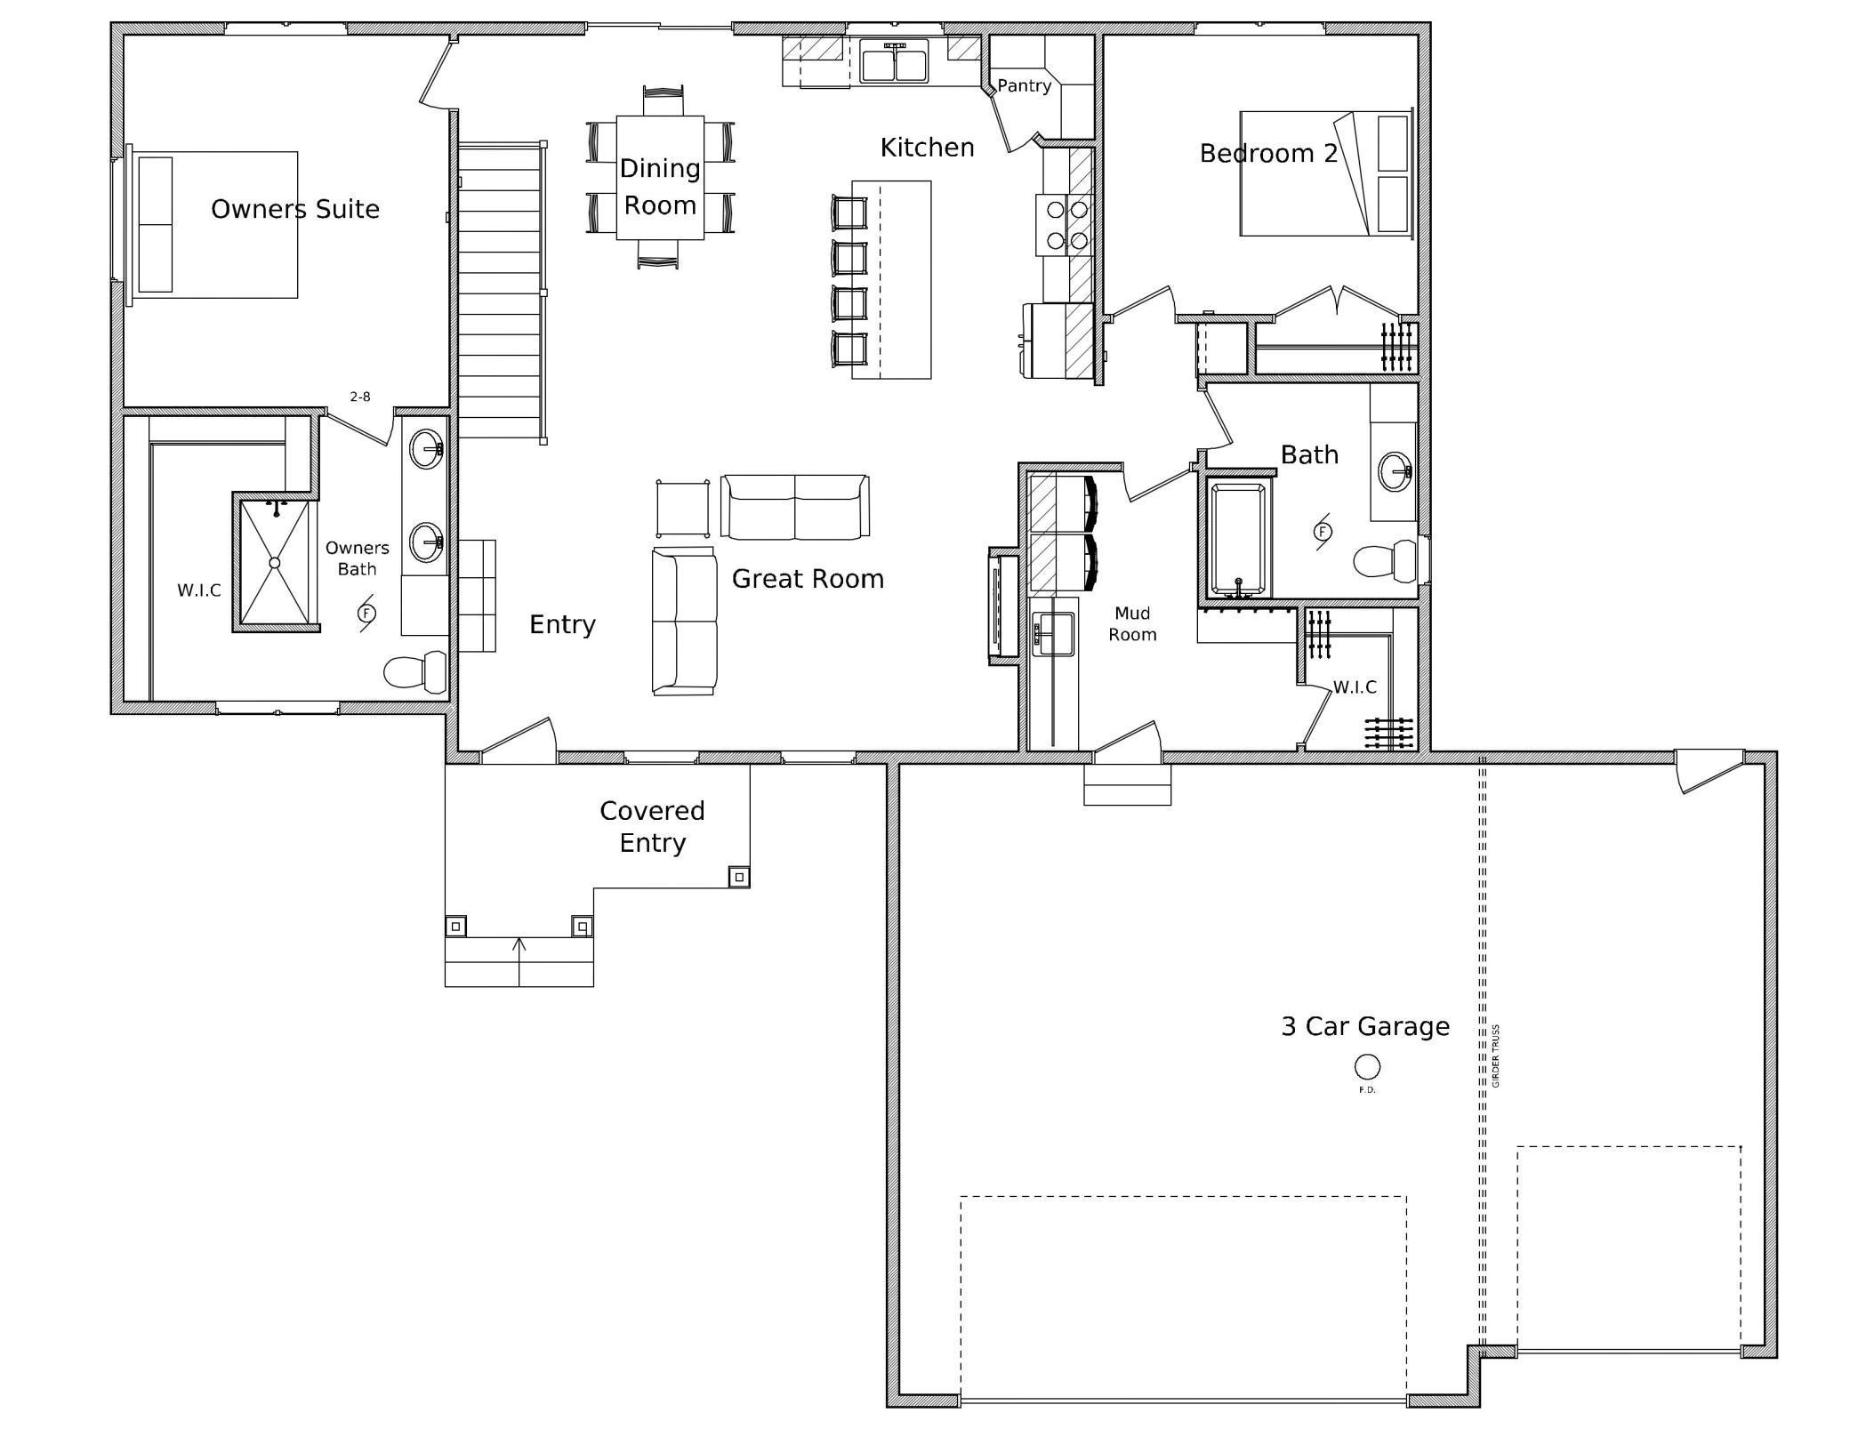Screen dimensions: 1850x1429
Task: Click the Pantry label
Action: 1024,85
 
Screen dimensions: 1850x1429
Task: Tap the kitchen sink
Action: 894,60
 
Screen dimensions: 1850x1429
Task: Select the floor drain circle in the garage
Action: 1367,1065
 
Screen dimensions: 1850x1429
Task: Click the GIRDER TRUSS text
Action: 1496,1056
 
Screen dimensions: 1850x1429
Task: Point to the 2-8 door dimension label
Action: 360,397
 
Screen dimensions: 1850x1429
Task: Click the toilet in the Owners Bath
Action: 415,671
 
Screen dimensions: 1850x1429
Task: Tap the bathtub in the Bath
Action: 1238,538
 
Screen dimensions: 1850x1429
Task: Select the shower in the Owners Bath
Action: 275,562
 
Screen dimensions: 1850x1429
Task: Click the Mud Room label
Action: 1132,623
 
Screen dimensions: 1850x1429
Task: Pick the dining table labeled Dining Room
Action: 660,177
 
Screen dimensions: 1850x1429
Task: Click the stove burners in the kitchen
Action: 1066,224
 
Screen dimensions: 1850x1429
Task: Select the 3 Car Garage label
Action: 1365,1026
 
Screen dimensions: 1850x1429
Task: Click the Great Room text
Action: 808,579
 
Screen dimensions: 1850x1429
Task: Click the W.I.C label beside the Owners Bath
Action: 199,590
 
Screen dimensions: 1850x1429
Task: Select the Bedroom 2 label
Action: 1268,153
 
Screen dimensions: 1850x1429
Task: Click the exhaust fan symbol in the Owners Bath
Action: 366,613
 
